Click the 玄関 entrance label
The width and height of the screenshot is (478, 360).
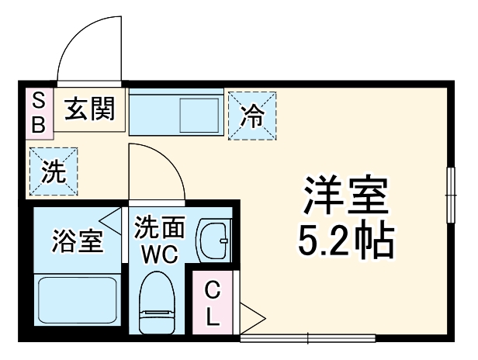(90, 109)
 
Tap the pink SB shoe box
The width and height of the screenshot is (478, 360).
(40, 113)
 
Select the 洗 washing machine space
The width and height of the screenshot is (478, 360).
(54, 171)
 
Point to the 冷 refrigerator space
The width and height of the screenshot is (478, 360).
(252, 116)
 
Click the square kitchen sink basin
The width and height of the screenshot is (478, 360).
(199, 116)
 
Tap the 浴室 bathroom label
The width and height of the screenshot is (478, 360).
(78, 241)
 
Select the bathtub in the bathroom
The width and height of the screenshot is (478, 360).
(78, 300)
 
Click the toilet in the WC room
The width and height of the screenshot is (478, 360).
(158, 303)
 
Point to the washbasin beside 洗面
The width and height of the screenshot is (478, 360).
(213, 241)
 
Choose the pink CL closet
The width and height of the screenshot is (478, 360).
(212, 303)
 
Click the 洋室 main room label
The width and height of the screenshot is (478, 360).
(346, 195)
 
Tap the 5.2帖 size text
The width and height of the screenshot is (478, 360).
(346, 241)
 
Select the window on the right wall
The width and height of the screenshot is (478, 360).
(451, 195)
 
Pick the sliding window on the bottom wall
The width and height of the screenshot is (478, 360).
(308, 338)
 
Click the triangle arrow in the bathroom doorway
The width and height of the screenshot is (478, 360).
(109, 221)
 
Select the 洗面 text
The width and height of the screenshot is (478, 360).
(160, 227)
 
